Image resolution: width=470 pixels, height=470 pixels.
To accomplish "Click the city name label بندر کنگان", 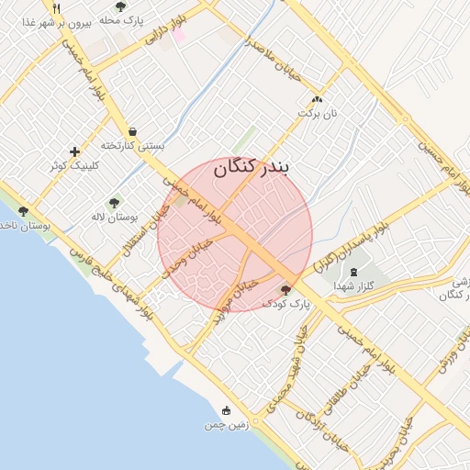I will coord(251,169).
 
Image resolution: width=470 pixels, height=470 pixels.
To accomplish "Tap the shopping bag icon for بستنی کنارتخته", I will coord(134,132).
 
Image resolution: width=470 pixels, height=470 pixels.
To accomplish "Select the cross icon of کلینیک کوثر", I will coord(74,151).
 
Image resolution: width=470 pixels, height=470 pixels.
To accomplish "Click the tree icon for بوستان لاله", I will coord(114,203).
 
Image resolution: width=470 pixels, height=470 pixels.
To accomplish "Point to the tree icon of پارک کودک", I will coord(285,288).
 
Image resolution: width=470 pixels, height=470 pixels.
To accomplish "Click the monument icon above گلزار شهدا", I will coord(354,272).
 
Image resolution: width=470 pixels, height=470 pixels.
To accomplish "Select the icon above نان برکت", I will coord(317,99).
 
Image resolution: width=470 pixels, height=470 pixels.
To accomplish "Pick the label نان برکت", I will coord(317,114).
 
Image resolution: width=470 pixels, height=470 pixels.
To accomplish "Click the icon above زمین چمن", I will coord(227,410).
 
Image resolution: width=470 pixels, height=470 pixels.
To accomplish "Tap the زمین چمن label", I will coord(227,426).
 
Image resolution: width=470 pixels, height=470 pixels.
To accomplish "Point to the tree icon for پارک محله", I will coord(121,6).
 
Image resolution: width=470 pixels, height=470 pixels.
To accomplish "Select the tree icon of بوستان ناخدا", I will coord(23,211).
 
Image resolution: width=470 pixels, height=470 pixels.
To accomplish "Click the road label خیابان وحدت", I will coord(188,260).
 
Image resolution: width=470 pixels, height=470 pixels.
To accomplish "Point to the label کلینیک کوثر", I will coord(73,166).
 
